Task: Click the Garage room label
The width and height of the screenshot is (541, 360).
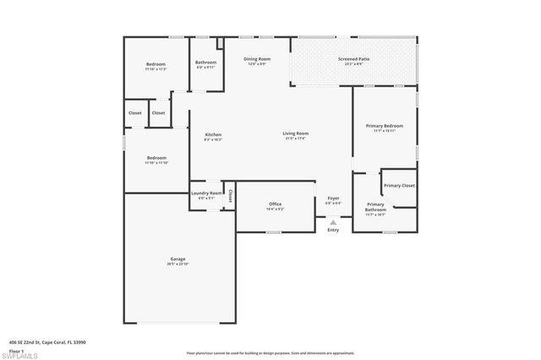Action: coord(178,259)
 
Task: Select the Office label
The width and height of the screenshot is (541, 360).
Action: coord(275,204)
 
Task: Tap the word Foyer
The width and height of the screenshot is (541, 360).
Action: coord(333,198)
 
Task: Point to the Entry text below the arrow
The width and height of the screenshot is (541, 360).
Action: coord(333,230)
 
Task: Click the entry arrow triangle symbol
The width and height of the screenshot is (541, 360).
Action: coord(333,222)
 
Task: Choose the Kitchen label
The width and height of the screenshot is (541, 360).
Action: coord(213,135)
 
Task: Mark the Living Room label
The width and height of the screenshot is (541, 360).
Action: coord(295,134)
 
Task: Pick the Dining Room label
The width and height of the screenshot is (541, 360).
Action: coord(257,59)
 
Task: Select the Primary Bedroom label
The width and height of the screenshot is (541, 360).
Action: coord(384,126)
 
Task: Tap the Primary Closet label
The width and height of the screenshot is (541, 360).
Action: coord(399,185)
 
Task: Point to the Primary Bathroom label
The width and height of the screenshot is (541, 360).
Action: coord(375,206)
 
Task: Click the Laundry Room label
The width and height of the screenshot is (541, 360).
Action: coord(206,193)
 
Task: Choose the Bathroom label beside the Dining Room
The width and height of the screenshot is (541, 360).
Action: coord(205,62)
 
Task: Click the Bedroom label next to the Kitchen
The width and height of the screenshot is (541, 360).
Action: coord(156,157)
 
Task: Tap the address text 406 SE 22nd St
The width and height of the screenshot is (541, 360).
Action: coord(48,342)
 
